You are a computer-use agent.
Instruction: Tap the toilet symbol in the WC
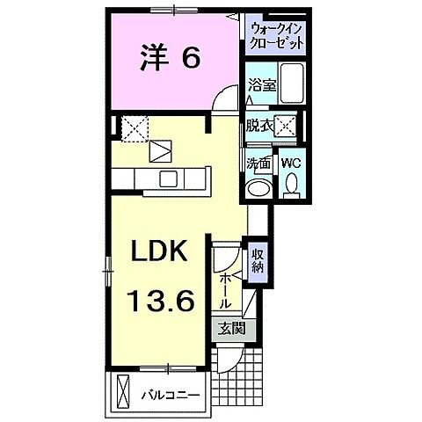click(291, 185)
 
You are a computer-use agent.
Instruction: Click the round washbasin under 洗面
click(258, 188)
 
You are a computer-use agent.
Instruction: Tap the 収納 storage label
click(258, 262)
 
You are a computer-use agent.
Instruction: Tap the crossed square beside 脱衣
click(284, 126)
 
